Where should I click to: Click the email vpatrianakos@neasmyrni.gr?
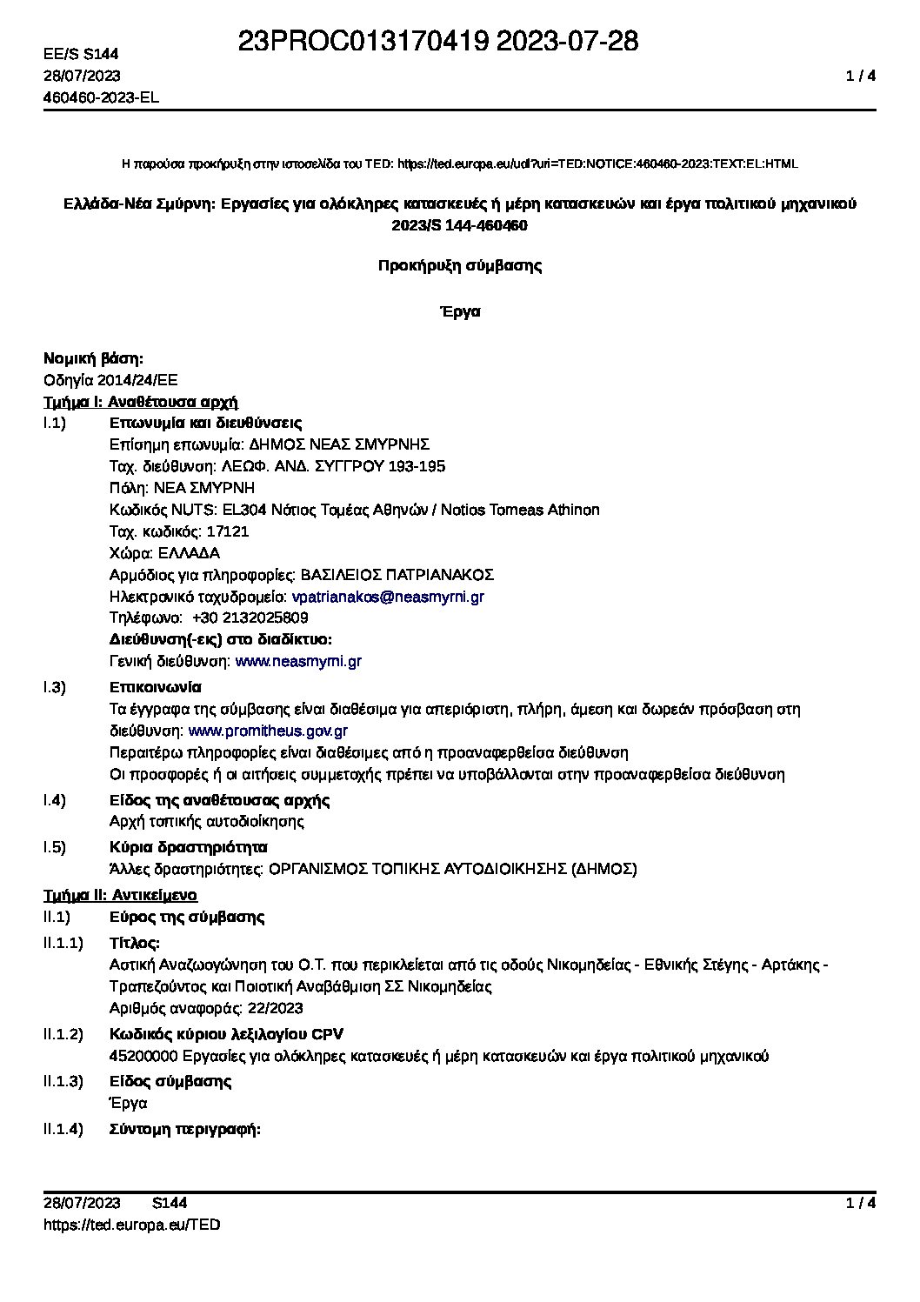tap(388, 597)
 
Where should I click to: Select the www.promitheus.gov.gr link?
tap(268, 731)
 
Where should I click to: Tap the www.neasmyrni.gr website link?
tap(298, 661)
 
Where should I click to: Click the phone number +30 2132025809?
tap(250, 618)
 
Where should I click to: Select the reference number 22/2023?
tap(275, 1008)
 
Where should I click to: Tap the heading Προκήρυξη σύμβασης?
tap(460, 266)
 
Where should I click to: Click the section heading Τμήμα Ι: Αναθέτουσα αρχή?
tap(141, 402)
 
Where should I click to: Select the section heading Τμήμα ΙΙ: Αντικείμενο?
tap(120, 895)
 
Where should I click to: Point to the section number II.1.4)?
tap(63, 1130)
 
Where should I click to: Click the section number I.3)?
tap(55, 687)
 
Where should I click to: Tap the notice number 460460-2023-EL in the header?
tap(101, 97)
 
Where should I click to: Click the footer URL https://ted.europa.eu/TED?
tap(131, 1225)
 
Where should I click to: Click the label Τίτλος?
tap(135, 943)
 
